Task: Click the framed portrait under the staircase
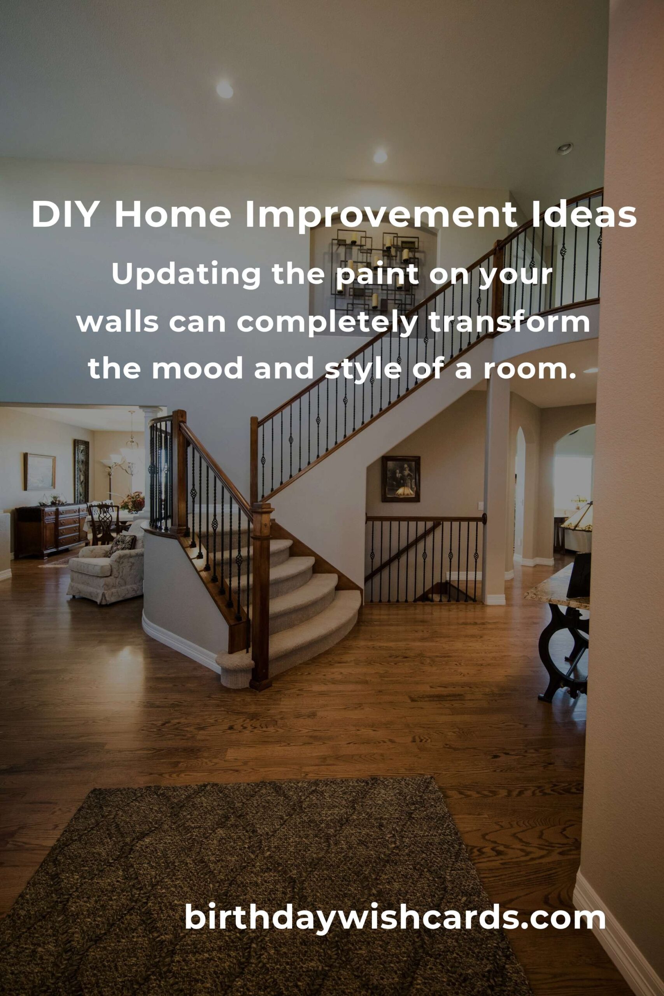click(401, 479)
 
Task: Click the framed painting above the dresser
click(39, 471)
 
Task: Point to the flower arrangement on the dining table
click(132, 502)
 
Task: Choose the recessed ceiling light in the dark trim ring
click(565, 148)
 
